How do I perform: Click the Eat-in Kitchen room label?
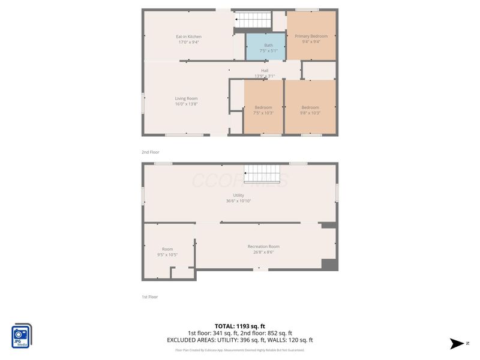coord(188,37)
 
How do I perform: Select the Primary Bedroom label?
coord(311,36)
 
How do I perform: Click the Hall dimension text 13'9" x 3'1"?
coord(265,76)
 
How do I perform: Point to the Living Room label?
coord(186,98)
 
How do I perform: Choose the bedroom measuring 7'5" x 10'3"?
coord(263,110)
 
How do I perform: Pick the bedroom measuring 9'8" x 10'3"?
coord(310,110)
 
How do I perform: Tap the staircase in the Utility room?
coord(262,173)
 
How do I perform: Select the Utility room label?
coord(238,195)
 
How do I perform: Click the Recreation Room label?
coord(263,247)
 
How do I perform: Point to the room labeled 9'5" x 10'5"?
coord(167,252)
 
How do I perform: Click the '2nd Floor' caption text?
coord(151,152)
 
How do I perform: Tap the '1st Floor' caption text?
coord(150,296)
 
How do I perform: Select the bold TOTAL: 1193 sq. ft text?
coord(239,326)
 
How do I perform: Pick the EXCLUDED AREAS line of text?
coord(239,340)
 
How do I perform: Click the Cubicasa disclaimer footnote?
coord(239,350)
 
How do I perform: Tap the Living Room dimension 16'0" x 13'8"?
coord(186,104)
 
